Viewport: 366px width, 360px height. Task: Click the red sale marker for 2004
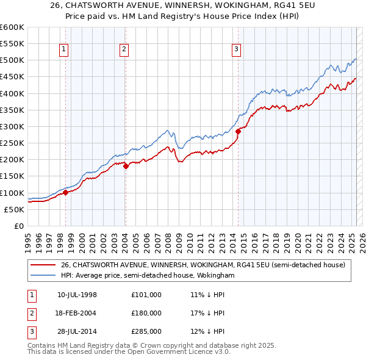tap(125, 165)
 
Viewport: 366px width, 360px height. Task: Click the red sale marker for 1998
tap(65, 192)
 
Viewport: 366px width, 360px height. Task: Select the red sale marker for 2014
tap(238, 131)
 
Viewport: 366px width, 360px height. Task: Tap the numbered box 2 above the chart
tap(124, 50)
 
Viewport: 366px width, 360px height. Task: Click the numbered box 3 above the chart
tap(236, 50)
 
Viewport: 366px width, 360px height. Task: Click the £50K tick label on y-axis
tap(14, 209)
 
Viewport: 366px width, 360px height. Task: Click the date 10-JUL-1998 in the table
tap(77, 294)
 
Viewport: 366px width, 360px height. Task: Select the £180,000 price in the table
tap(146, 313)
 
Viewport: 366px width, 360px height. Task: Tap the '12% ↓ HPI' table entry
tap(207, 332)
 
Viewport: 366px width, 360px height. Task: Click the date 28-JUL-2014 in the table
tap(77, 332)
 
